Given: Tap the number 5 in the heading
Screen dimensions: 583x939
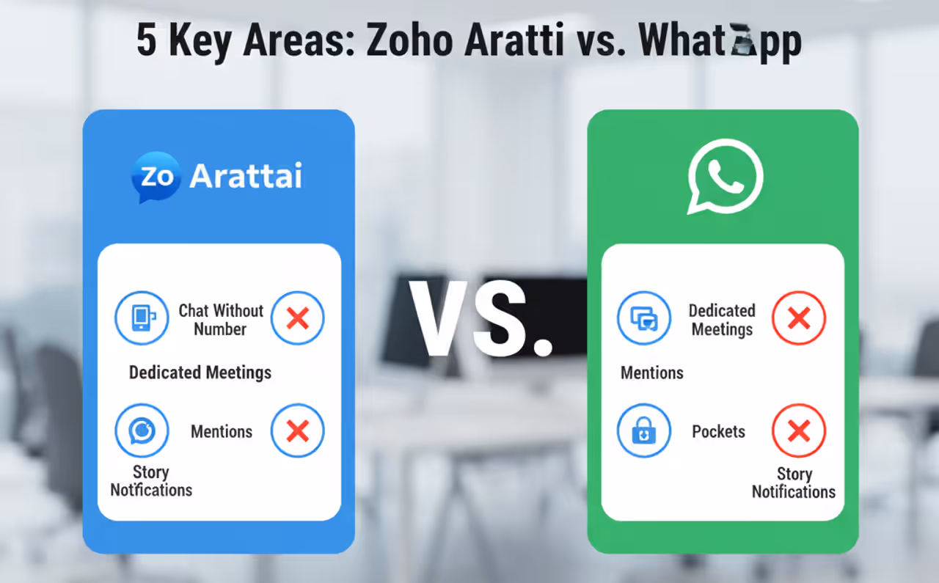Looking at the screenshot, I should click(x=147, y=42).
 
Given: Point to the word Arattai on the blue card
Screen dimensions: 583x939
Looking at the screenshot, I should click(x=246, y=177).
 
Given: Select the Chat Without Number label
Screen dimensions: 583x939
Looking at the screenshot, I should click(x=220, y=320).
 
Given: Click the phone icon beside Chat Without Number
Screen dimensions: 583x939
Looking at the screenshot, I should click(x=142, y=318).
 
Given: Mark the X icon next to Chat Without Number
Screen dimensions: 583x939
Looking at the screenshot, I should click(x=297, y=318).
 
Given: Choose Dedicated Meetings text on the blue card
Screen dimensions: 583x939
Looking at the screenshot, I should click(x=200, y=373).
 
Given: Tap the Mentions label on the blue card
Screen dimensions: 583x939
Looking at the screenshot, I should click(x=222, y=431).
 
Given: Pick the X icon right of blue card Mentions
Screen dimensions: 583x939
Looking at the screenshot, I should click(x=297, y=430).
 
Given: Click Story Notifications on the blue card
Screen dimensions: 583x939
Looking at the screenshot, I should click(x=151, y=481).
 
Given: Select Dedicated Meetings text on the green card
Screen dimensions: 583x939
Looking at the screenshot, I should click(x=722, y=320).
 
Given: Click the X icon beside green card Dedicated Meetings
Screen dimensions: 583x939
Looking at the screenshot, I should click(x=798, y=318).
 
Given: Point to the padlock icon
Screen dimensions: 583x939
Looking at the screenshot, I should click(x=643, y=430).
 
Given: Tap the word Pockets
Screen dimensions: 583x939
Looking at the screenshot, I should click(x=718, y=431).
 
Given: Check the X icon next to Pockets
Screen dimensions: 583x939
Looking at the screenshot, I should click(x=798, y=430).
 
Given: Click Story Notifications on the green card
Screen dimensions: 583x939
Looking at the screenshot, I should click(x=794, y=483).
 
